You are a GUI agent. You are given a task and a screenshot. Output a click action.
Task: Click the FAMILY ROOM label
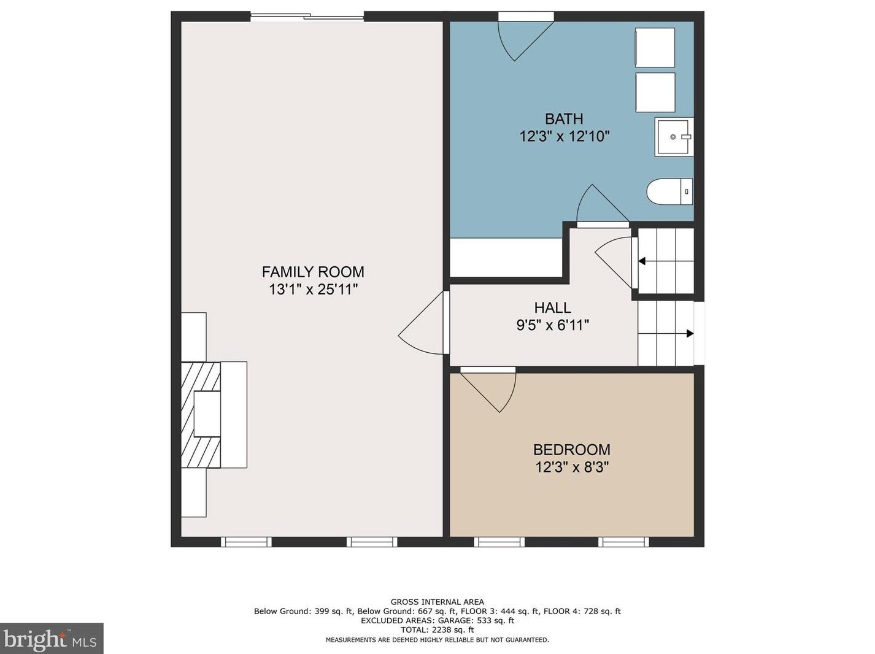click(x=313, y=272)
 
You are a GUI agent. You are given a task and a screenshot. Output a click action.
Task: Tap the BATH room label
click(x=564, y=119)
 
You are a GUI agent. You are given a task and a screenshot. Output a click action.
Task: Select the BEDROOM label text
click(x=572, y=450)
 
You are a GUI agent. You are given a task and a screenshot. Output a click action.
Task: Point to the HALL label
click(x=552, y=307)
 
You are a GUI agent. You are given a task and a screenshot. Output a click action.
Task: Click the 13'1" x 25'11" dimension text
click(x=313, y=290)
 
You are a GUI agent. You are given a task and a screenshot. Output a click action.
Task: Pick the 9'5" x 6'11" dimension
click(x=552, y=325)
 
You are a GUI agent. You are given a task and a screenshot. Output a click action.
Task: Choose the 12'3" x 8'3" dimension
click(x=572, y=467)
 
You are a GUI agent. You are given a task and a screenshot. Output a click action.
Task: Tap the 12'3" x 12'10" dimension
click(x=565, y=137)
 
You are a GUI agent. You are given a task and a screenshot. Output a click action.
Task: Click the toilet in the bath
click(x=669, y=191)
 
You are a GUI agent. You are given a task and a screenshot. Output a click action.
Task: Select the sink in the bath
click(x=674, y=137)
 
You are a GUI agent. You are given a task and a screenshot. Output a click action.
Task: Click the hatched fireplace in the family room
click(x=201, y=415)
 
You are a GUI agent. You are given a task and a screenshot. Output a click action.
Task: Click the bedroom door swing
click(x=488, y=390)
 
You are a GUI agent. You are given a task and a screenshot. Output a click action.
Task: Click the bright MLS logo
click(x=52, y=639)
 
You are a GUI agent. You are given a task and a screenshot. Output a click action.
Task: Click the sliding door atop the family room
click(x=307, y=17)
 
